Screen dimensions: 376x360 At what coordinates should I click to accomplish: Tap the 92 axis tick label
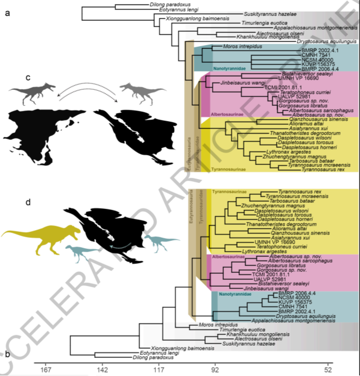(x=215, y=369)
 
